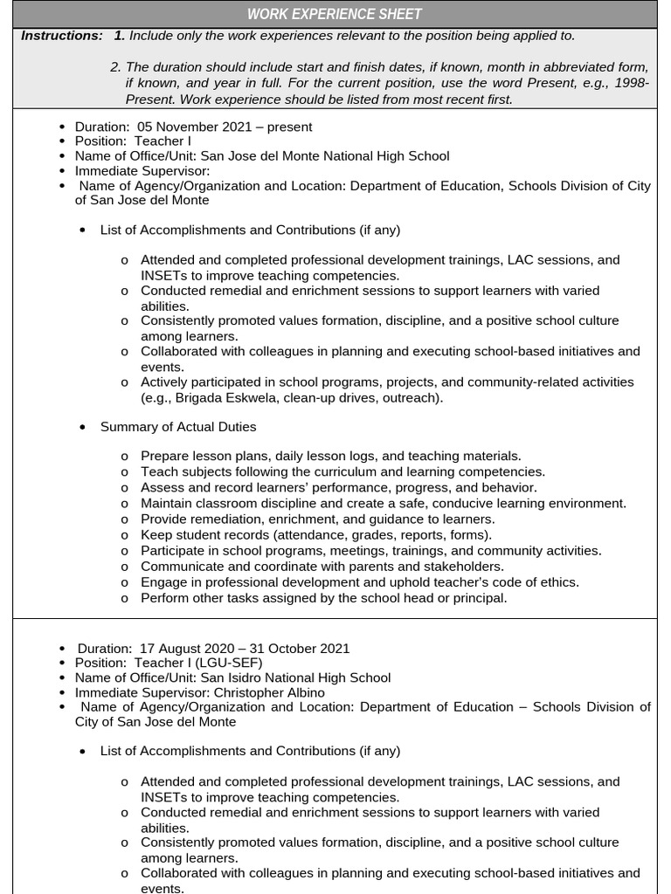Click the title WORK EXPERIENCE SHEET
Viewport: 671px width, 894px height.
[x=335, y=14]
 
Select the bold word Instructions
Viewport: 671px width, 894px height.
[x=61, y=36]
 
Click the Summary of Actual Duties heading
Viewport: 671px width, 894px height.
[x=178, y=427]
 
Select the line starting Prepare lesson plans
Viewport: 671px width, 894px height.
[x=330, y=456]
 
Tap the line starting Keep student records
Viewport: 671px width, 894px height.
[x=315, y=535]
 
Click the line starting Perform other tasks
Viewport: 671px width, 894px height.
[x=323, y=598]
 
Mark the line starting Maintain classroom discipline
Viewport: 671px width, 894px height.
[x=383, y=504]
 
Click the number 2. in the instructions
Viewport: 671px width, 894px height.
[x=115, y=68]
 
